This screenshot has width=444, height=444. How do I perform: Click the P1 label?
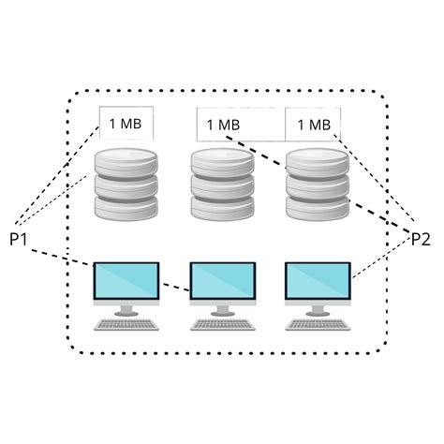point(19,240)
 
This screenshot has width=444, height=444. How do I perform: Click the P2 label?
point(422,240)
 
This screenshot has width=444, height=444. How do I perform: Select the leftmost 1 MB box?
point(126,123)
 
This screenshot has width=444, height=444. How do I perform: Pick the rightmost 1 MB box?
point(313,124)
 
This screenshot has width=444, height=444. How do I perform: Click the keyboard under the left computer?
point(126,325)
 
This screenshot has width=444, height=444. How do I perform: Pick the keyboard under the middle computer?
point(222,325)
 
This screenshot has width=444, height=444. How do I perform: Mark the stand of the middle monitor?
point(222,309)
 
